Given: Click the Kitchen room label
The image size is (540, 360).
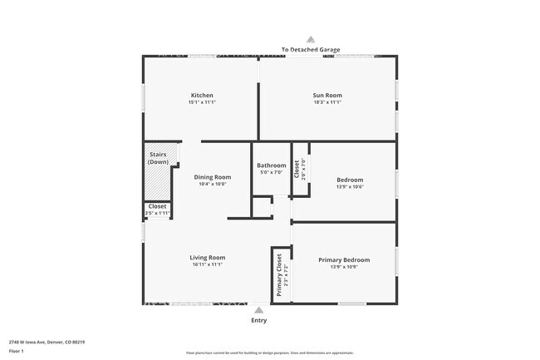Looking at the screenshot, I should [202, 96].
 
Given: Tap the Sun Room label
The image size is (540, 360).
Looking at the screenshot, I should [326, 96].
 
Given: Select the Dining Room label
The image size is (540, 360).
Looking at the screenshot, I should [212, 177].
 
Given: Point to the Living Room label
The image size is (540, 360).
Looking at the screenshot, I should [207, 258].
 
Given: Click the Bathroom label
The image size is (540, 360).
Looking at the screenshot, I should [271, 165].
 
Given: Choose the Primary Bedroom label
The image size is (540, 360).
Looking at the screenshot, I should [344, 260].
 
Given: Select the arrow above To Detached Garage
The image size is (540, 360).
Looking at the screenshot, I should [311, 39].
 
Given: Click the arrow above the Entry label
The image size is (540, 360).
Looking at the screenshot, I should [259, 309].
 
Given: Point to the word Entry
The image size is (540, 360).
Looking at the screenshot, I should [259, 320].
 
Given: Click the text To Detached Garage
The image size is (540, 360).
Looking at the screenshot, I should [311, 50].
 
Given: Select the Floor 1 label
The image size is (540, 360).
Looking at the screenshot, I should [17, 351].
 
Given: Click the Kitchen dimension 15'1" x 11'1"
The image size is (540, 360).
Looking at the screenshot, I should [202, 102].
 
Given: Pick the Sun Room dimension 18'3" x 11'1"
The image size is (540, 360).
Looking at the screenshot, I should [326, 102].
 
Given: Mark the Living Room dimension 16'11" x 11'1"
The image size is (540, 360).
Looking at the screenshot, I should [207, 265].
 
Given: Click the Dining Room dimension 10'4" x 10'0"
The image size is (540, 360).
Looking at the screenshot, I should [212, 185].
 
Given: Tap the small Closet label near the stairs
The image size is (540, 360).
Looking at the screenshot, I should [157, 206].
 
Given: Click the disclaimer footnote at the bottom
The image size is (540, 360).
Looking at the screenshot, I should [269, 353].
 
